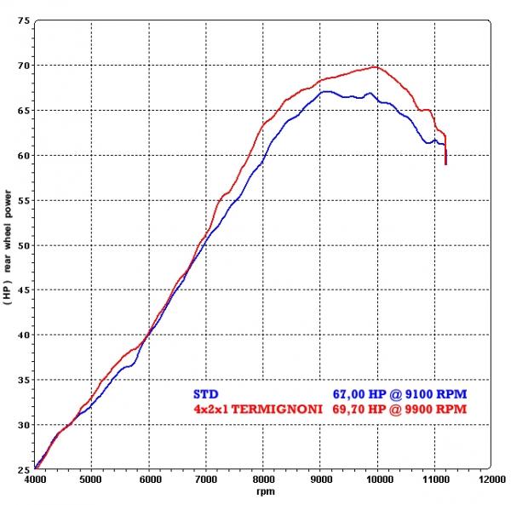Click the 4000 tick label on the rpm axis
(35, 479)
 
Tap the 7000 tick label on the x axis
(206, 479)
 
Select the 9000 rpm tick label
(320, 479)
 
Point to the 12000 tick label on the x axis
(491, 479)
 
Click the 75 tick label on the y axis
(23, 20)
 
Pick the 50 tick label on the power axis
(23, 245)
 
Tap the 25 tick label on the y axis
(23, 469)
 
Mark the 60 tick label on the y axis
(23, 155)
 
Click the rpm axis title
(263, 492)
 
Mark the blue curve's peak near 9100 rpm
(326, 90)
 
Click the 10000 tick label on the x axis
(377, 479)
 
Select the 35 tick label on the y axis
(23, 380)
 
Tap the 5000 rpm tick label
(92, 479)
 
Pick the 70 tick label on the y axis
(23, 65)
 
